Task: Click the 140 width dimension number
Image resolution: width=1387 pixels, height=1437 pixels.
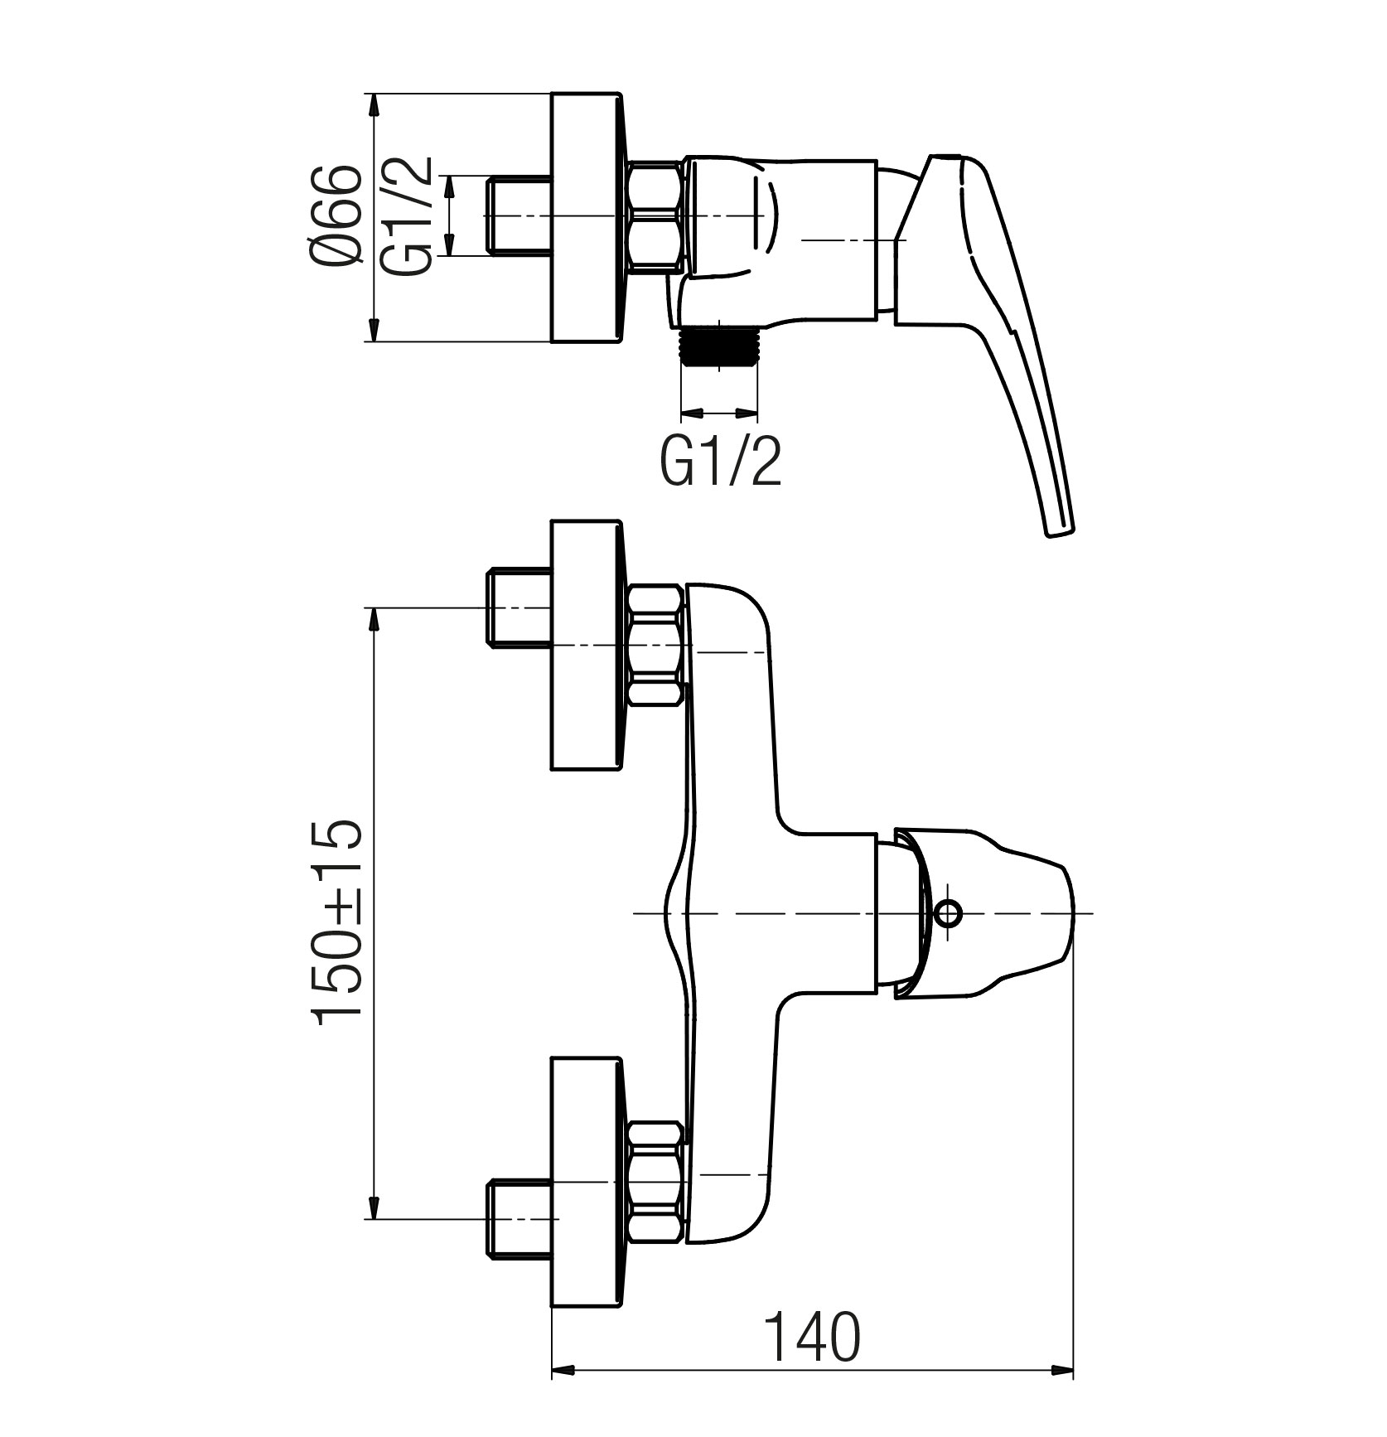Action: (x=811, y=1337)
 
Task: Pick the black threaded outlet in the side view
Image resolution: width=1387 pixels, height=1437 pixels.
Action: (x=719, y=345)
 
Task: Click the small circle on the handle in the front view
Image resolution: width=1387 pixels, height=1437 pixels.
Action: (x=947, y=914)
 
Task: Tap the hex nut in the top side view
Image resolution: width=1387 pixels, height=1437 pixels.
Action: (x=657, y=216)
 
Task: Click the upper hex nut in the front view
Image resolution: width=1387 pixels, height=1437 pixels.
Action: (x=657, y=645)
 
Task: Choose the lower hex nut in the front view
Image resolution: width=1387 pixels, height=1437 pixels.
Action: (x=657, y=1180)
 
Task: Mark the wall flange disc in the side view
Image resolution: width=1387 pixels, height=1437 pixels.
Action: (x=586, y=216)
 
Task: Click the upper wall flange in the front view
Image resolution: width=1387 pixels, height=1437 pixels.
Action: (x=586, y=645)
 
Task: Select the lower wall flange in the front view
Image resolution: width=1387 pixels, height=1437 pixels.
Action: (x=586, y=1180)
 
